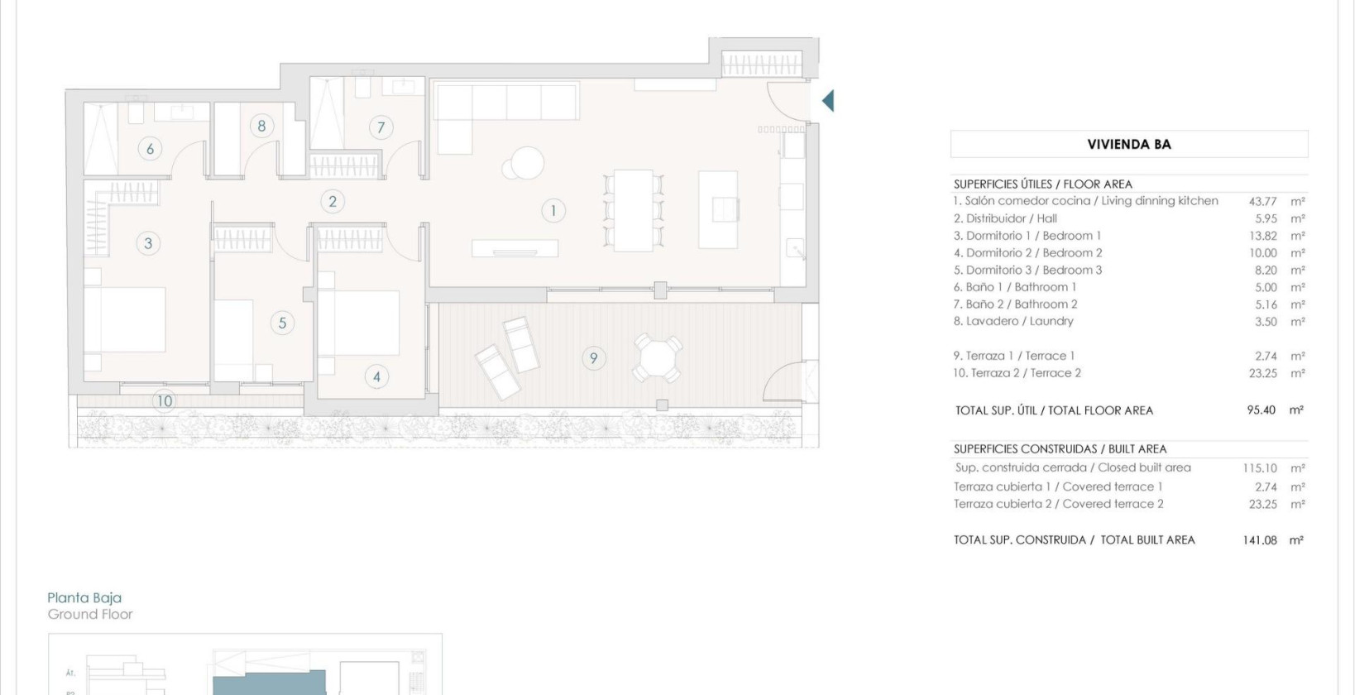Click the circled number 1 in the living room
pyautogui.click(x=553, y=211)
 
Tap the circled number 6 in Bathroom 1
pyautogui.click(x=150, y=149)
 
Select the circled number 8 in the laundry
pyautogui.click(x=261, y=126)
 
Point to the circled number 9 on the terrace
pyautogui.click(x=593, y=358)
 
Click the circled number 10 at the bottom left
pyautogui.click(x=164, y=401)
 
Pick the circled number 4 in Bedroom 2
pyautogui.click(x=376, y=377)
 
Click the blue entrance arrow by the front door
pyautogui.click(x=827, y=101)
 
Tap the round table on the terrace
pyautogui.click(x=658, y=358)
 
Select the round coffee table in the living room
pyautogui.click(x=527, y=162)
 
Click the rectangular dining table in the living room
pyautogui.click(x=634, y=210)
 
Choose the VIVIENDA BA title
pyautogui.click(x=1129, y=144)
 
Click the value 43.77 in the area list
pyautogui.click(x=1262, y=201)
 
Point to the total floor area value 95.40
pyautogui.click(x=1261, y=410)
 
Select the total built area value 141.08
pyautogui.click(x=1259, y=539)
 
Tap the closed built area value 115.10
pyautogui.click(x=1259, y=468)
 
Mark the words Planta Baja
pyautogui.click(x=84, y=597)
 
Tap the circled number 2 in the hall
pyautogui.click(x=333, y=201)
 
